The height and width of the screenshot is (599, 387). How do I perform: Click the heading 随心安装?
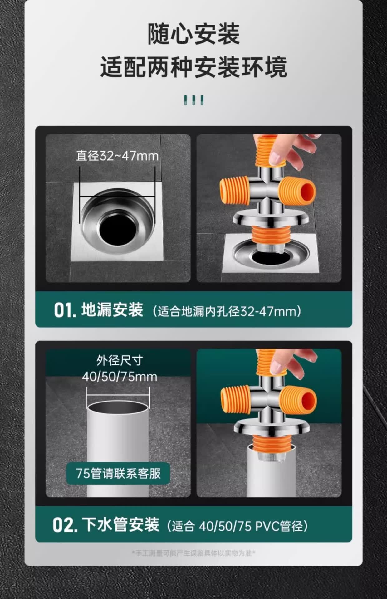193,34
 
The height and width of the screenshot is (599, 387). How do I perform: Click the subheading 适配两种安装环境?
193,67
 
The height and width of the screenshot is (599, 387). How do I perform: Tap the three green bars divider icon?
193,100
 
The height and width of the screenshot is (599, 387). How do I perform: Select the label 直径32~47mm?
117,156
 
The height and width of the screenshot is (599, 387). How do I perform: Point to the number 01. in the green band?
65,310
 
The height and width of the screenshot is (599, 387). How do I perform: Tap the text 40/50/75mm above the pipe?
119,377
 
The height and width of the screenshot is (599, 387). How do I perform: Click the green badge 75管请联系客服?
118,473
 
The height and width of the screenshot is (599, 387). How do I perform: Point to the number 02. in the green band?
65,525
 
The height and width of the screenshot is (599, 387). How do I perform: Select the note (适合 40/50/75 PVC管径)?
237,526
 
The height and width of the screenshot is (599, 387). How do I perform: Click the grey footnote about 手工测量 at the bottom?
193,553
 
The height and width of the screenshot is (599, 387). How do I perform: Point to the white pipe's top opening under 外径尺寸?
118,407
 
